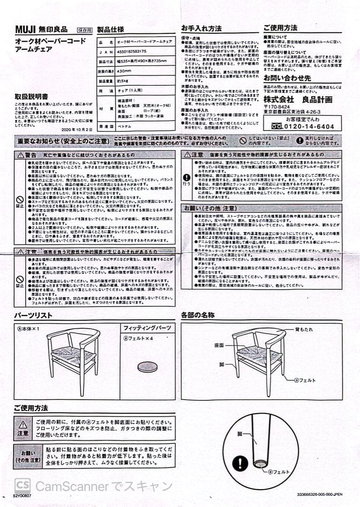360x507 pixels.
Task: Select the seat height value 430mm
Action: [x=124, y=71]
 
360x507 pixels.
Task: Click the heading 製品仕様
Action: [x=110, y=30]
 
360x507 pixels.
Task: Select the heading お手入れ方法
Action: [x=201, y=28]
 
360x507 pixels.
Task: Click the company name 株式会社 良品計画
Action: [x=298, y=100]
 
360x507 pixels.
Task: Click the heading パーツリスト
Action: [x=33, y=315]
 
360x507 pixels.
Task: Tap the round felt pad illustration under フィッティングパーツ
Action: [x=148, y=367]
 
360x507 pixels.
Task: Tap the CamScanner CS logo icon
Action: [x=23, y=486]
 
